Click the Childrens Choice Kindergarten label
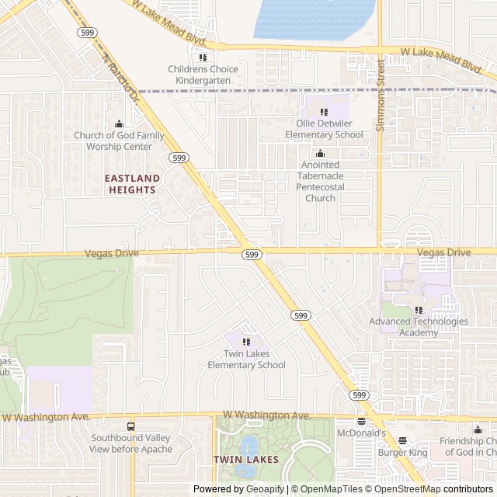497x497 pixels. click(203, 75)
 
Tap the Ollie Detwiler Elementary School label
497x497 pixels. click(324, 129)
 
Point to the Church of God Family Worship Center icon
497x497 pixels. click(119, 124)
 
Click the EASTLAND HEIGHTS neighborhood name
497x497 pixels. click(134, 184)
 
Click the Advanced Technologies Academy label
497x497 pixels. click(419, 327)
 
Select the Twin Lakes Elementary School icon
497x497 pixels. click(246, 342)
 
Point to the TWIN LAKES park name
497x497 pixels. click(246, 460)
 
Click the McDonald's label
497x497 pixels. click(361, 433)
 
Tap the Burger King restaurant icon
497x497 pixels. click(402, 440)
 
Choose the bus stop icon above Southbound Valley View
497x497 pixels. click(130, 426)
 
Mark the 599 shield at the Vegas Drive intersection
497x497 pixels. click(250, 255)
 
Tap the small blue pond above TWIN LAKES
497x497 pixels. click(248, 447)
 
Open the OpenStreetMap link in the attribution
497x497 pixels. click(408, 489)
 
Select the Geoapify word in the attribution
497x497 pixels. click(266, 489)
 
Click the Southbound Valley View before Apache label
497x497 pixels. click(130, 443)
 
